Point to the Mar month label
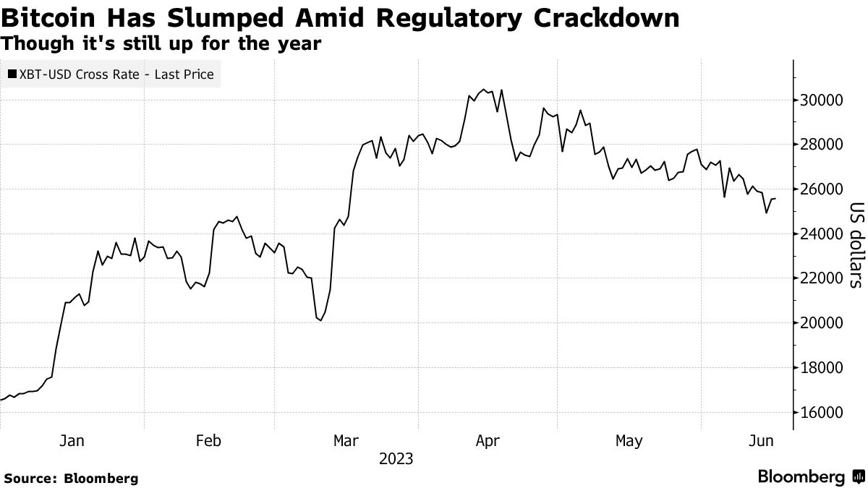[x=346, y=440]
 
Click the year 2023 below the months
[x=395, y=459]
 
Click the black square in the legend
[x=12, y=74]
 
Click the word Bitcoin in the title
[x=46, y=18]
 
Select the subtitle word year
[x=300, y=43]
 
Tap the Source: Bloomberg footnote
[x=70, y=478]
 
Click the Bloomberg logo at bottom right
[x=810, y=477]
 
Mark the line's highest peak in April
[x=484, y=90]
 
